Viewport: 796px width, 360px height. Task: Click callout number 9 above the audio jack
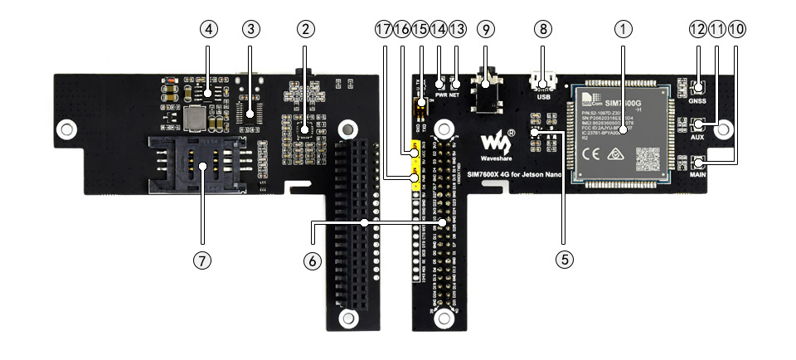pos(487,28)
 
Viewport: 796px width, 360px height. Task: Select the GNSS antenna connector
pos(699,88)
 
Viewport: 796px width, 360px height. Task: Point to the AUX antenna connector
pos(699,125)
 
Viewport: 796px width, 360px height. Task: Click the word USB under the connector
pos(543,97)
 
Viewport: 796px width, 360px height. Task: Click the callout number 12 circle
pos(697,28)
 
